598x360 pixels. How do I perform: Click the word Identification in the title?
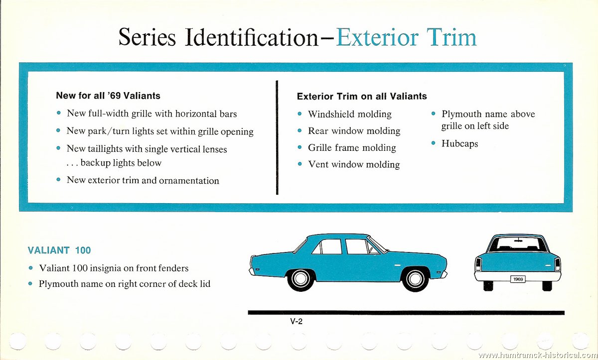point(252,37)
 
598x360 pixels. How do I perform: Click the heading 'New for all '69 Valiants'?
point(108,96)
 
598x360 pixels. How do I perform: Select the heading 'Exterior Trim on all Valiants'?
point(362,96)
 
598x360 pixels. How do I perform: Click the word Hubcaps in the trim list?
point(459,143)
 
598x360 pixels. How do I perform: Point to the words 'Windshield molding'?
point(350,114)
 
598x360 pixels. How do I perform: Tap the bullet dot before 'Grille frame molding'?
point(299,147)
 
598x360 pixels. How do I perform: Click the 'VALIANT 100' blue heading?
point(59,250)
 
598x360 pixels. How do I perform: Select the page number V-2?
point(297,321)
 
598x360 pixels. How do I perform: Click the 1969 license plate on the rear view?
point(518,279)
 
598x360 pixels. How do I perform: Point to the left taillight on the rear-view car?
point(478,264)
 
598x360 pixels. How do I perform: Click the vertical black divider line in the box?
point(277,137)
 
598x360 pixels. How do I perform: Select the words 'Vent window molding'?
point(354,164)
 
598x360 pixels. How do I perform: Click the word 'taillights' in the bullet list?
point(105,149)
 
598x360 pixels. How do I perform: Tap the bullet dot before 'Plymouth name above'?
point(433,114)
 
